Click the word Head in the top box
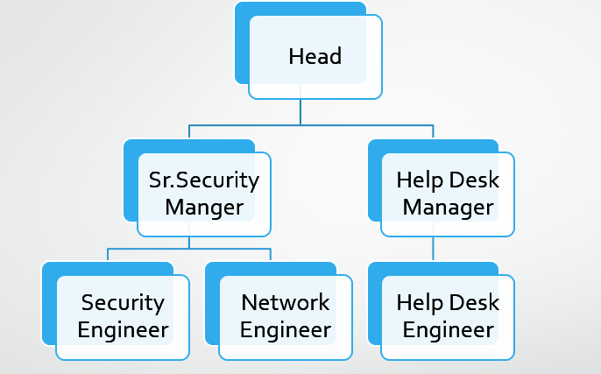(315, 57)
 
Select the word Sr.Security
(204, 180)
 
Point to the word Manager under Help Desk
(448, 208)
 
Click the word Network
(286, 303)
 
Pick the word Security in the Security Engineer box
(123, 303)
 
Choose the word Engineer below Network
(286, 330)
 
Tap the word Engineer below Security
(123, 330)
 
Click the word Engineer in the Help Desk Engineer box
(448, 330)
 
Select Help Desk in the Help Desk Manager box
(448, 180)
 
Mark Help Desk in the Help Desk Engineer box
(448, 303)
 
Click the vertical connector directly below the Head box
(300, 112)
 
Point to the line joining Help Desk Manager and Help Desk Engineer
(433, 249)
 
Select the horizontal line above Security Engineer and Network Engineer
(188, 249)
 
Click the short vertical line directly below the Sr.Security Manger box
(189, 243)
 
